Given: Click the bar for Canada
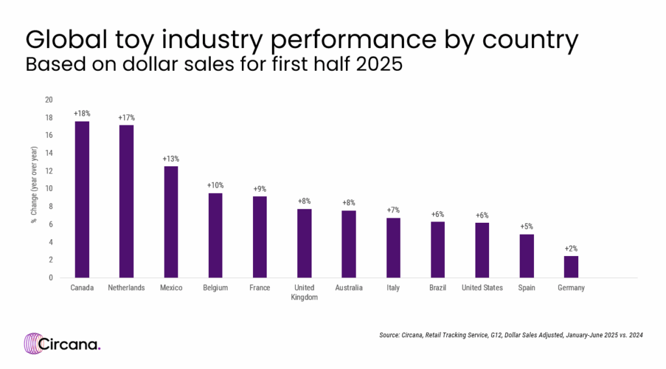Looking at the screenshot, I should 82,199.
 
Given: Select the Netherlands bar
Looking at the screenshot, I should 126,201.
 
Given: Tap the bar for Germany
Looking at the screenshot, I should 571,266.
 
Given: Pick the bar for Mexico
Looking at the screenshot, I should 171,222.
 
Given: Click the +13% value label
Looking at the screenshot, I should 171,159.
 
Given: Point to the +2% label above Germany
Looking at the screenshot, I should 571,248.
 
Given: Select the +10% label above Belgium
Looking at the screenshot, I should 215,185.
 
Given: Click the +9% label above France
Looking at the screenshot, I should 260,188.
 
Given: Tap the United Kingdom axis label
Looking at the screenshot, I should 304,292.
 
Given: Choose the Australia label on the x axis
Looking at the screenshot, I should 349,288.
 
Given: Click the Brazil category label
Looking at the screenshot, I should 438,288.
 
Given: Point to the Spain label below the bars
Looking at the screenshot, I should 526,288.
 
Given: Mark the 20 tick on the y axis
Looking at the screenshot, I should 48,99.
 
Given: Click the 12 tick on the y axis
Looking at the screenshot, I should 48,171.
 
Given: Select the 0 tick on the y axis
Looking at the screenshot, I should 50,277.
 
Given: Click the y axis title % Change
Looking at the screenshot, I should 33,188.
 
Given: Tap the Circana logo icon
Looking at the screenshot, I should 34,344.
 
